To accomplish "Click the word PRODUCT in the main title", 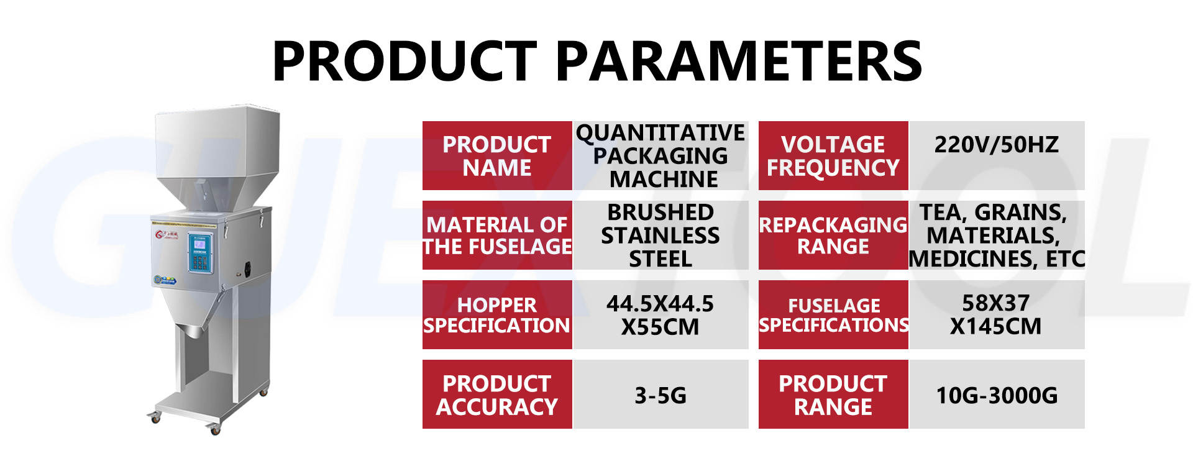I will click(x=405, y=61).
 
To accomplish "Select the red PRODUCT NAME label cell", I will click(x=496, y=156).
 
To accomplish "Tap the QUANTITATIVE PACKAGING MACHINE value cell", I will click(x=660, y=156).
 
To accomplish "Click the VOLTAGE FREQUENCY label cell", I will click(x=833, y=156).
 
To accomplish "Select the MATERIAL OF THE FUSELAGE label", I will click(x=496, y=235).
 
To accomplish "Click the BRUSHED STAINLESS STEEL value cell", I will click(x=660, y=235).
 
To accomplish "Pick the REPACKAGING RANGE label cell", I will click(x=833, y=235).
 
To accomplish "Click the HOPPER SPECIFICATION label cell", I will click(x=496, y=315).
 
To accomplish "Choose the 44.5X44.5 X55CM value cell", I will click(x=660, y=315).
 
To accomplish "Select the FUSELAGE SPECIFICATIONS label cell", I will click(x=833, y=315).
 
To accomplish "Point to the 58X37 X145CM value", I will click(x=996, y=315).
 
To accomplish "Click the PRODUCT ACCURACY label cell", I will click(x=496, y=395).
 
